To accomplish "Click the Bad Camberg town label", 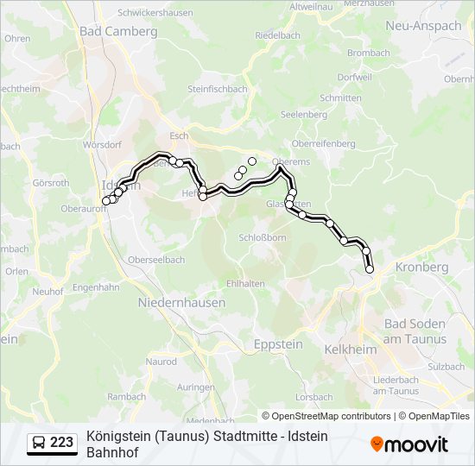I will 118,31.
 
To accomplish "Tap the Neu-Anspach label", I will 423,26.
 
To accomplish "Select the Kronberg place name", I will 422,268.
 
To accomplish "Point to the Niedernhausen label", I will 181,303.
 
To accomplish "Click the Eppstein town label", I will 279,343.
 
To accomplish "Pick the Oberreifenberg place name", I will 324,143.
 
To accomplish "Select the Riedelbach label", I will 278,37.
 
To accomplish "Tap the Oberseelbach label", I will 156,260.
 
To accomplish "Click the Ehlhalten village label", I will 246,283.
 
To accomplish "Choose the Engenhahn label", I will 96,287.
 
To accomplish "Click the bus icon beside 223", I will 39,443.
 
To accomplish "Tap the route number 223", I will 62,443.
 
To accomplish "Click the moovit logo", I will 409,444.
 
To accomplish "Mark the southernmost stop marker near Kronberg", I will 370,270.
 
